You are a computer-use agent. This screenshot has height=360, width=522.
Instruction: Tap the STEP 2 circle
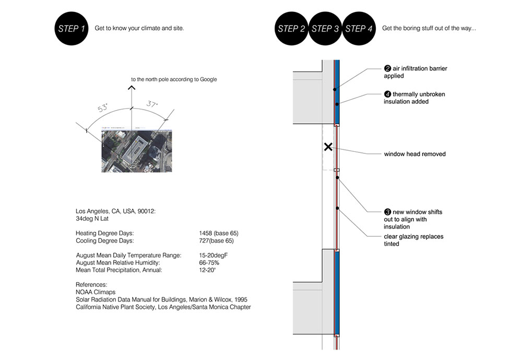tap(291, 29)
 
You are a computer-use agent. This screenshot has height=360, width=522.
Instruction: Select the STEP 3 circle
tap(325, 29)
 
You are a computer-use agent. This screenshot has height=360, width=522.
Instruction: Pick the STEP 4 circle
tap(359, 29)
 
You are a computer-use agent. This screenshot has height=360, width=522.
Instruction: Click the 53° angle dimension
tap(102, 109)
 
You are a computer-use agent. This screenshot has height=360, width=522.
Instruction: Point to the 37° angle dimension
tap(152, 105)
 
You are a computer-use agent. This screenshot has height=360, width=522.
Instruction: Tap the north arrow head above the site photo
tap(132, 88)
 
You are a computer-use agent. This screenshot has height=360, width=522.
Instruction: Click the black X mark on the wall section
tap(328, 147)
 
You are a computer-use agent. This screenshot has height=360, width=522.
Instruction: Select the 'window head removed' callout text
tap(414, 154)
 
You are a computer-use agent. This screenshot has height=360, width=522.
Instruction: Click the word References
tap(91, 285)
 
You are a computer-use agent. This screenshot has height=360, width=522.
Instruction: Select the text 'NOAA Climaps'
tap(96, 292)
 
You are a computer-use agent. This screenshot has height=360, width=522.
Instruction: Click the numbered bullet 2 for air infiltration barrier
tap(387, 68)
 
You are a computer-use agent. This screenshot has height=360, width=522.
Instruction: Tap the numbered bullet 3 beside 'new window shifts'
tap(387, 212)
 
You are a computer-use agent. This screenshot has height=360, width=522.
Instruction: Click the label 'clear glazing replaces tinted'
tap(413, 240)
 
